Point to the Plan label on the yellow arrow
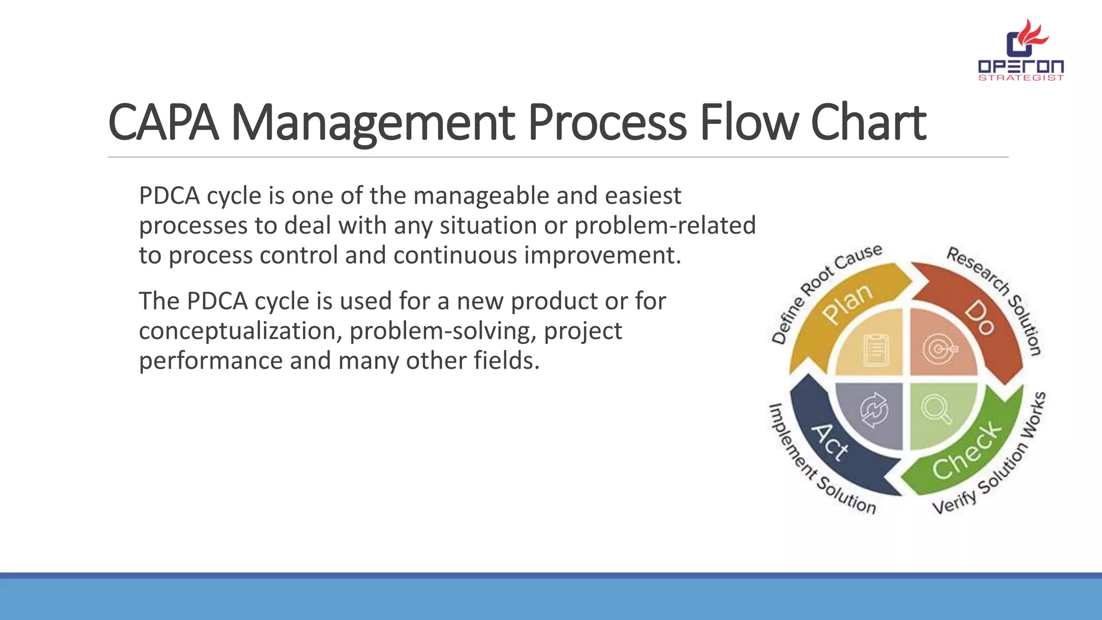pyautogui.click(x=847, y=304)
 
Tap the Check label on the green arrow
pyautogui.click(x=967, y=451)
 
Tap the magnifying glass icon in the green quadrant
pyautogui.click(x=937, y=409)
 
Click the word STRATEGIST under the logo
pyautogui.click(x=1021, y=78)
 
